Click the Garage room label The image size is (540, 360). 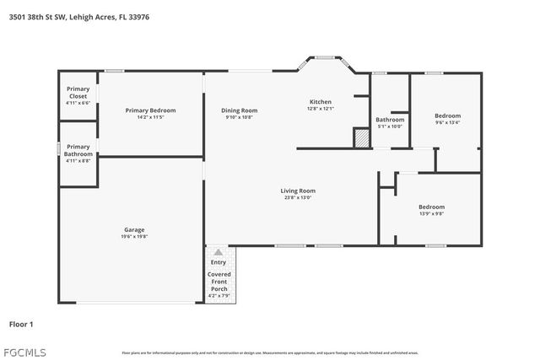coord(135,229)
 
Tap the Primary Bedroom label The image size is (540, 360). coord(150,110)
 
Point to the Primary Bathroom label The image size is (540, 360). coord(78,149)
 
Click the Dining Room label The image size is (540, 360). coord(239,110)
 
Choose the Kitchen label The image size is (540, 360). coord(321,102)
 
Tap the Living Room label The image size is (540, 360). coord(297,191)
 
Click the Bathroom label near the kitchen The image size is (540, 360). coord(390,120)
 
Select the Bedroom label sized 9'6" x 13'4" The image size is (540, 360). coord(447,116)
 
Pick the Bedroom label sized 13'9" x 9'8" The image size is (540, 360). coord(431,207)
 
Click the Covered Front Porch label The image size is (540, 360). coord(219,282)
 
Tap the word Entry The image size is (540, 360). coord(219,262)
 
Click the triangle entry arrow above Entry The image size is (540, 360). coord(219,252)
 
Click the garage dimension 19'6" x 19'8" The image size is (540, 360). coord(135,237)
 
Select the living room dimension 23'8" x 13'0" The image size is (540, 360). coord(297,197)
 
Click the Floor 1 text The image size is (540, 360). coord(20,324)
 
